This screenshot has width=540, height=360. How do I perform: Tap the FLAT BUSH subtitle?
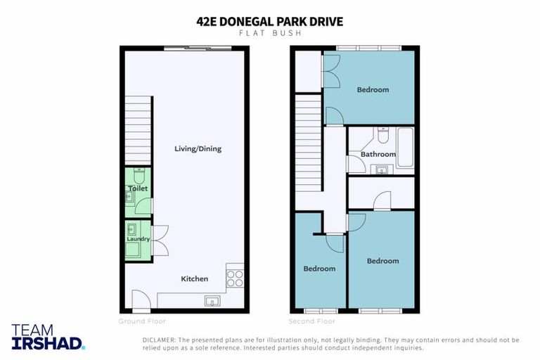(269, 34)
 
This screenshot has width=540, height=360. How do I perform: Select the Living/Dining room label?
(198, 148)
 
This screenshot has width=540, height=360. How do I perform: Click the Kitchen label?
(195, 278)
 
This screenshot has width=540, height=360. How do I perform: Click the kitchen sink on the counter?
(212, 301)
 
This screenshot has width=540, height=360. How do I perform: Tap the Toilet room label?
(137, 188)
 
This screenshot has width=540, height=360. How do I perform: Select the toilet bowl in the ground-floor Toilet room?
(139, 173)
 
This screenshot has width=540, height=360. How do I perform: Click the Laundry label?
(138, 239)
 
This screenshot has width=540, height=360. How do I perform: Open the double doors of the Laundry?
(159, 239)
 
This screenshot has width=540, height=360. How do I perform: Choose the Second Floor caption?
(312, 321)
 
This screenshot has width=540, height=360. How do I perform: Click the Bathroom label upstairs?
(378, 154)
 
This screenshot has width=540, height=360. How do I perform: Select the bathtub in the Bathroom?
(405, 148)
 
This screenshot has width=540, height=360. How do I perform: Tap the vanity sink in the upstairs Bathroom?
(382, 169)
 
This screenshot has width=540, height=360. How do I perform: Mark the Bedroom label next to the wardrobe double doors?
(372, 89)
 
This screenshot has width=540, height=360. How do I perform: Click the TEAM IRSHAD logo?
(48, 337)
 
